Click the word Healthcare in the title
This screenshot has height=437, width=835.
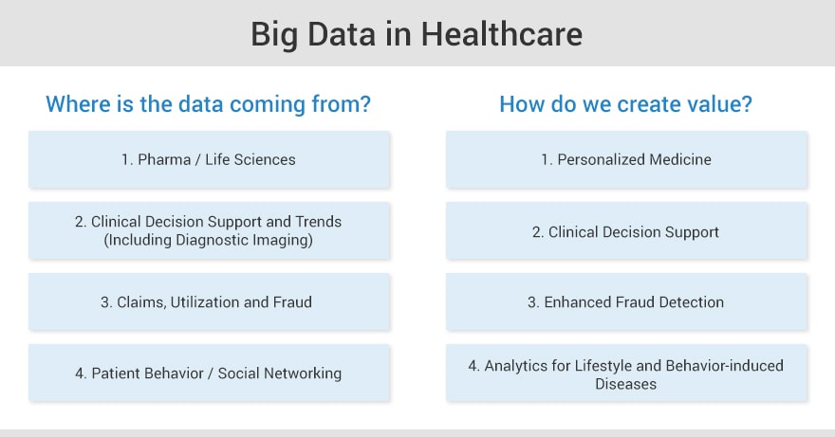point(502,34)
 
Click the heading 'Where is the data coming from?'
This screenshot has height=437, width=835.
point(208,103)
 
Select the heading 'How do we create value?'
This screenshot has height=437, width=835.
point(625,103)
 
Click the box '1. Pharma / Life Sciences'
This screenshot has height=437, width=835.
point(210,159)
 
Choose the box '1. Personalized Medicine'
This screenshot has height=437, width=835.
point(627,159)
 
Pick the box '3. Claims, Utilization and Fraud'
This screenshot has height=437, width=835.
point(210,301)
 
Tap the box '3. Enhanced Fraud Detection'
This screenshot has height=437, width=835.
point(627,301)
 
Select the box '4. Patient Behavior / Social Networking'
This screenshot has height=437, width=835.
point(210,373)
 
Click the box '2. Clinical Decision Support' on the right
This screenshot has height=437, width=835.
point(627,231)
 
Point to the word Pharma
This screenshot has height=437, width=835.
point(164,159)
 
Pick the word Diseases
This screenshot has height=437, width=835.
point(625,384)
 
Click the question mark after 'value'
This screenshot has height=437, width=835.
point(747,103)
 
